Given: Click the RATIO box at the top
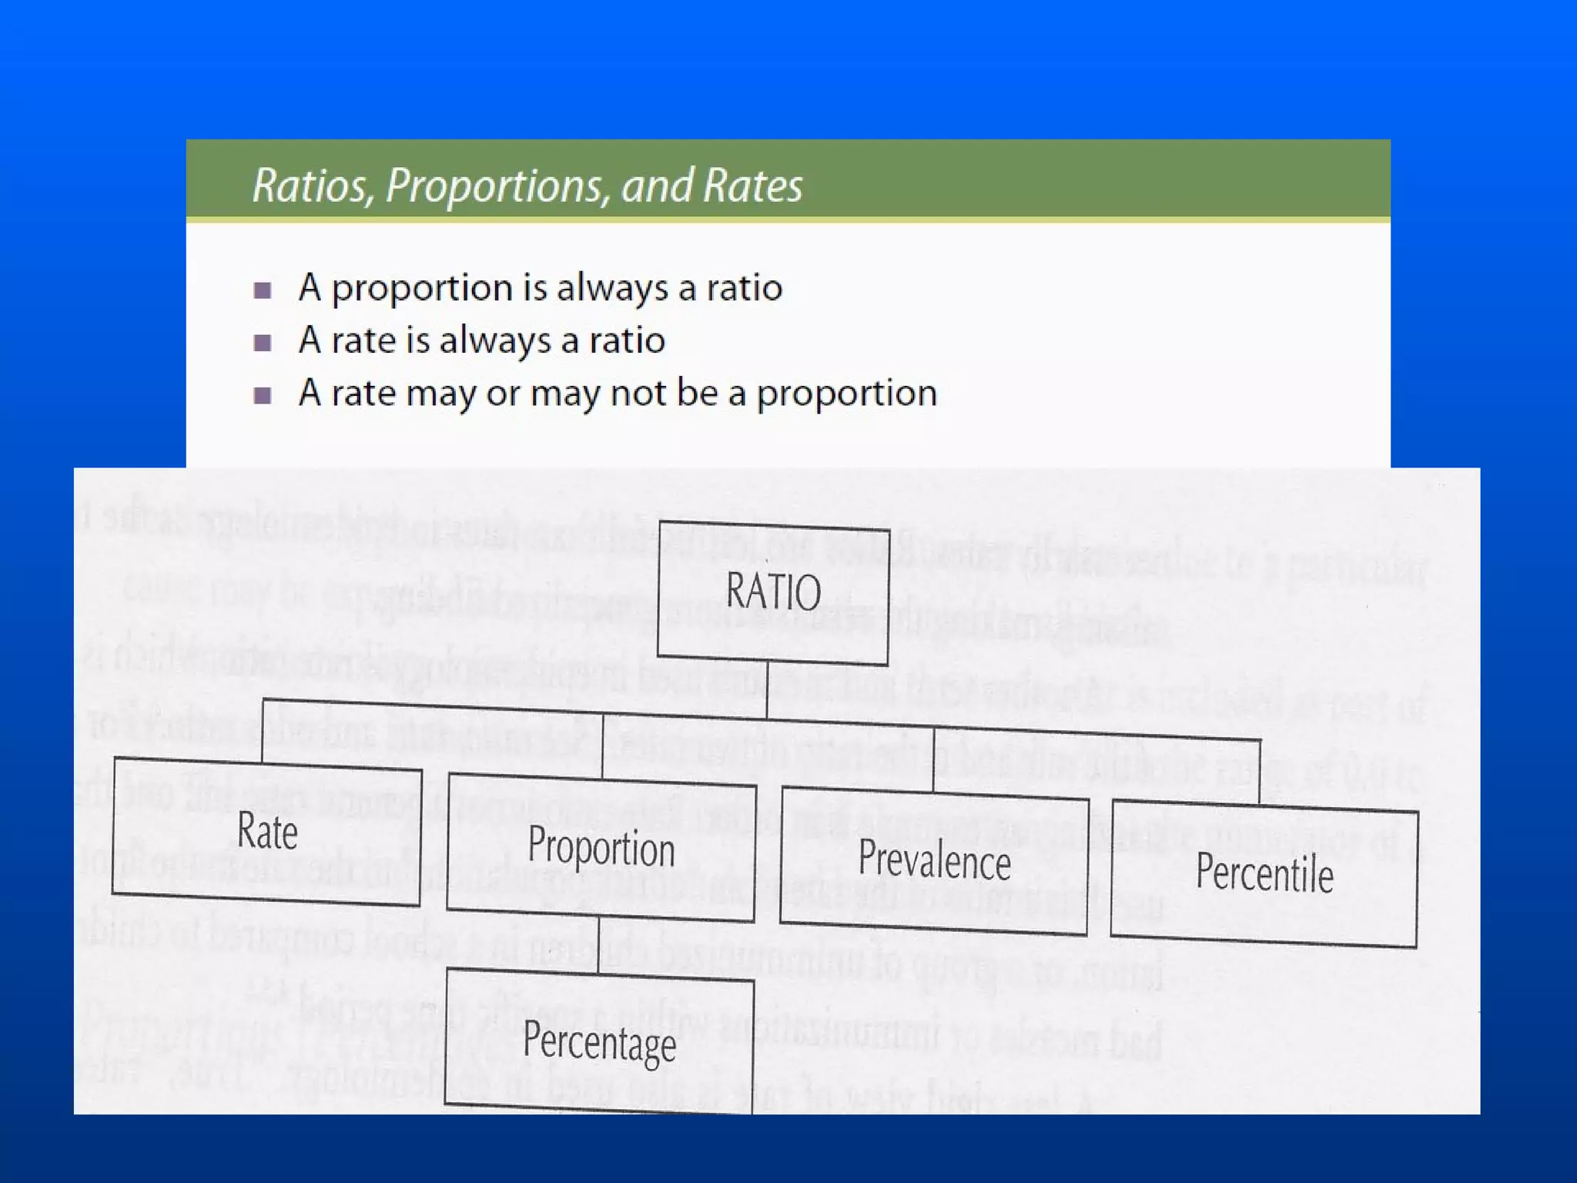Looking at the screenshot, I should (773, 592).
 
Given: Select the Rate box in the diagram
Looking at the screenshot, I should (267, 832).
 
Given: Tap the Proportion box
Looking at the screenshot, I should (601, 847).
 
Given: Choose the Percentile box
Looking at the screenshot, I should (1264, 874).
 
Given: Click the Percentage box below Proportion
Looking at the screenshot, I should (599, 1041).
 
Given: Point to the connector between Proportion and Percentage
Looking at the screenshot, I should (599, 944).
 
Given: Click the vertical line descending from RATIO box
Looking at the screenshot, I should (767, 690).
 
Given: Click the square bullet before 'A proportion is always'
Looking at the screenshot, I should (263, 290).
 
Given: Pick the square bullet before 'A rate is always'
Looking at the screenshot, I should (263, 342).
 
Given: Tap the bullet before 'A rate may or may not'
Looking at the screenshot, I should (263, 395).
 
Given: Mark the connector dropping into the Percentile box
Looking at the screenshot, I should (1260, 771).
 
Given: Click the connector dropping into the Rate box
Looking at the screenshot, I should (263, 730).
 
